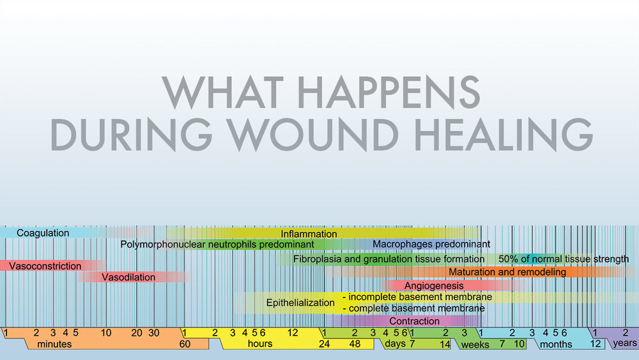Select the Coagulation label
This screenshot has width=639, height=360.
click(x=43, y=233)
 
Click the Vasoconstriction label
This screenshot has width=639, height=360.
click(x=45, y=266)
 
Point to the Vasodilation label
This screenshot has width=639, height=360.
click(x=128, y=278)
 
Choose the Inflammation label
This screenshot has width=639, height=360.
click(x=309, y=234)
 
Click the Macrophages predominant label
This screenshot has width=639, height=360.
click(x=431, y=244)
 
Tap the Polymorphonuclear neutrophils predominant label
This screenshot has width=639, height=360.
click(x=217, y=244)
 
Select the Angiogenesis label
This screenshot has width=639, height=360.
click(x=435, y=286)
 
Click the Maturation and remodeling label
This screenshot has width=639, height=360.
click(x=507, y=272)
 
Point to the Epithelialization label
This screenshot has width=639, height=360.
click(x=300, y=302)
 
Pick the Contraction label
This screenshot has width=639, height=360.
click(x=414, y=321)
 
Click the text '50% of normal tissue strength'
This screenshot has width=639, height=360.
click(x=563, y=259)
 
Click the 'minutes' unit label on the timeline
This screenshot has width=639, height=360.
click(x=54, y=345)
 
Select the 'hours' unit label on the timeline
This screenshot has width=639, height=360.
click(x=259, y=344)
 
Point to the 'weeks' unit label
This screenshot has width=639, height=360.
click(x=475, y=345)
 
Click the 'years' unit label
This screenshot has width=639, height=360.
click(x=624, y=343)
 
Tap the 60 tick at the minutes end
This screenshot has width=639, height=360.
click(x=185, y=344)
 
